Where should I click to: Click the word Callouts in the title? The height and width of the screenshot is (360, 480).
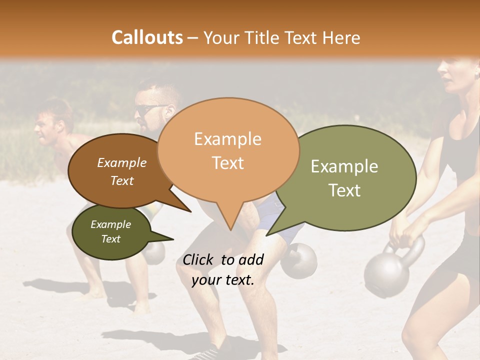tap(147, 37)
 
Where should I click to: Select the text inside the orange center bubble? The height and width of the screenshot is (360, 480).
tap(228, 150)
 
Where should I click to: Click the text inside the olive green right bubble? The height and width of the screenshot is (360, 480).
tap(344, 178)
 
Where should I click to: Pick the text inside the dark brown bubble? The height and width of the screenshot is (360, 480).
tap(121, 171)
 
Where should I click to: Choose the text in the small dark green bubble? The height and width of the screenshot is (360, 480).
tap(110, 231)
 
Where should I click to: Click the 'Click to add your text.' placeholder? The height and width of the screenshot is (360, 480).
tap(222, 269)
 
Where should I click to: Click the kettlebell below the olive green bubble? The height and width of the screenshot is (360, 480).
tap(299, 260)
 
